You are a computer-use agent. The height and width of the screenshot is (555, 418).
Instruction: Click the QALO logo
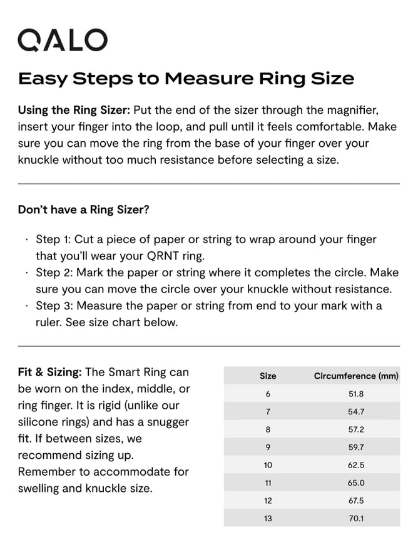[63, 40]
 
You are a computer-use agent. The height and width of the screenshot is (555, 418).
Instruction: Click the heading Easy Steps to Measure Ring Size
[186, 79]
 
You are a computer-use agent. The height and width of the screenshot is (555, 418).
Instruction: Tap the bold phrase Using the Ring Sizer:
[74, 110]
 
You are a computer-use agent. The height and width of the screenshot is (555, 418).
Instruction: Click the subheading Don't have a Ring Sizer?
[83, 209]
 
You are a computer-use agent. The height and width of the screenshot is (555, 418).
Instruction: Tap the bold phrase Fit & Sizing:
[49, 372]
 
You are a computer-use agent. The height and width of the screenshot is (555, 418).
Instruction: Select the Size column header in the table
[268, 376]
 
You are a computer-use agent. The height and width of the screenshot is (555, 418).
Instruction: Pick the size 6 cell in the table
[268, 394]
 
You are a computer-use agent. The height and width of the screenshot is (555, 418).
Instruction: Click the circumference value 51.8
[356, 394]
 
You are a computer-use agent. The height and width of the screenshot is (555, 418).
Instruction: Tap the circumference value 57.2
[356, 429]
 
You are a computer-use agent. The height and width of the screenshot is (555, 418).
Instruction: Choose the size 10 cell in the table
[268, 465]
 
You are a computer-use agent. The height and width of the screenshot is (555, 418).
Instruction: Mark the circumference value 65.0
[356, 483]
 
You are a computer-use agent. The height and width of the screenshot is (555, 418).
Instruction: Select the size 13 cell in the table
[268, 518]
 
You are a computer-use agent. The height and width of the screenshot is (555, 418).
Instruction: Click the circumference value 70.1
[356, 518]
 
